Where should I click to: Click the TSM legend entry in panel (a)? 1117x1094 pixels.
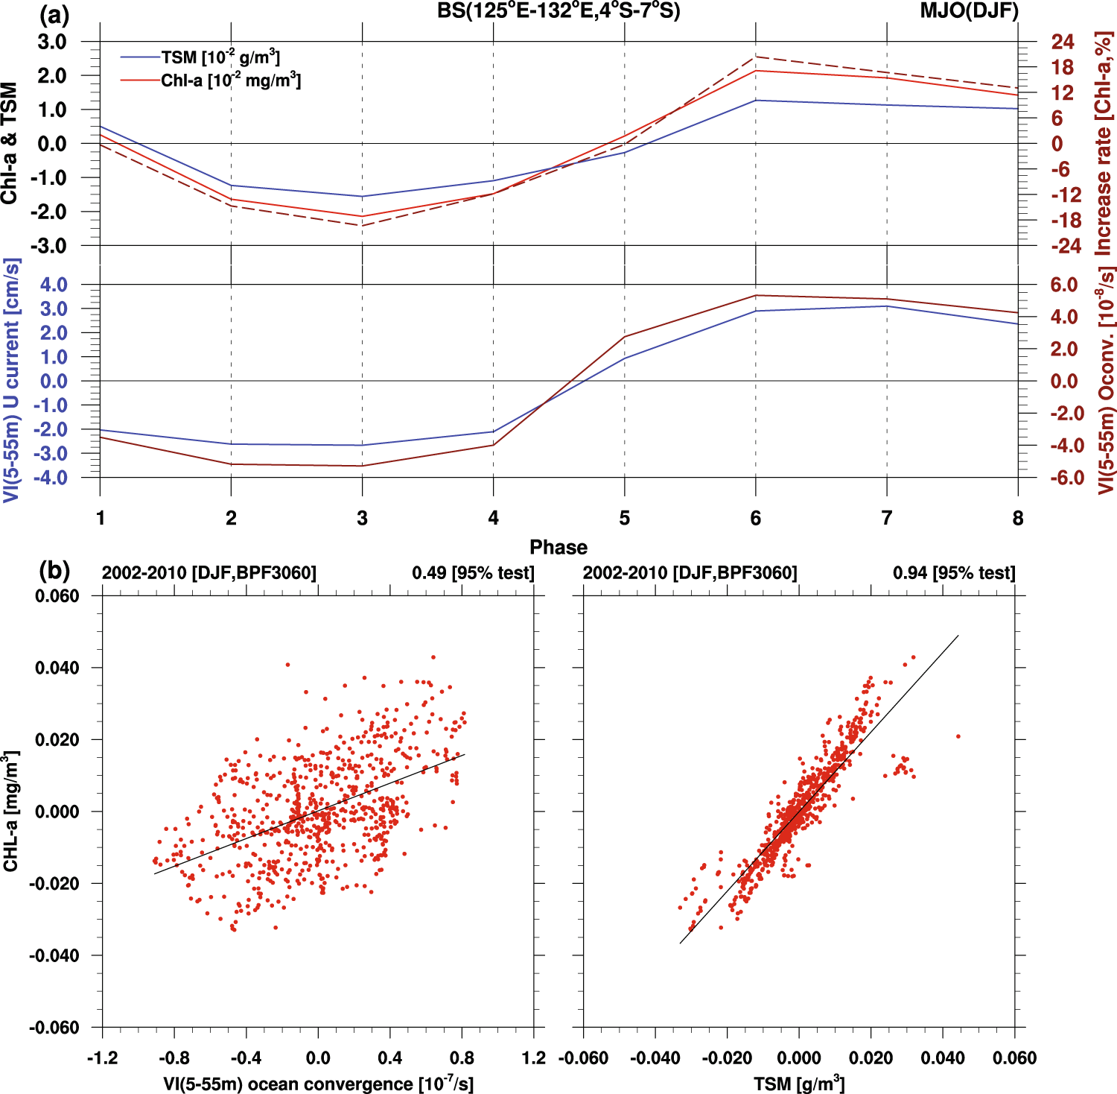[220, 57]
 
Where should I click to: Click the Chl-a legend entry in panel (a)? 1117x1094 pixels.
[230, 80]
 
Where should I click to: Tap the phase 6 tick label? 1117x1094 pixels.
[755, 518]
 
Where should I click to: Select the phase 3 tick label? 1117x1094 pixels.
[362, 518]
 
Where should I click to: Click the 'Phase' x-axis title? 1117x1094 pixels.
[558, 547]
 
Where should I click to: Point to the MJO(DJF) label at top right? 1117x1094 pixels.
[970, 11]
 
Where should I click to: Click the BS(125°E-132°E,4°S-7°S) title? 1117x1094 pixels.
[558, 11]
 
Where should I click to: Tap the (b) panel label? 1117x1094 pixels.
[54, 570]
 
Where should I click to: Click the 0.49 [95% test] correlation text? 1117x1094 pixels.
[473, 573]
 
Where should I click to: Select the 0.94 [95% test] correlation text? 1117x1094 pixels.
[954, 573]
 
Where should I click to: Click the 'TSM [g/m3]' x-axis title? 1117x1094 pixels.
[799, 1083]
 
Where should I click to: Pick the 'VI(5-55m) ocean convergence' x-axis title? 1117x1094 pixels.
[318, 1083]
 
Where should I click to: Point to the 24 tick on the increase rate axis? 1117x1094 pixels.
[1063, 42]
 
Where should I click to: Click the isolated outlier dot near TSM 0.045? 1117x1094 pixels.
[958, 736]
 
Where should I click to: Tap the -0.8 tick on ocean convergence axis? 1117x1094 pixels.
[174, 1057]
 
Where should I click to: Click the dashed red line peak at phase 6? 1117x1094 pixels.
[756, 57]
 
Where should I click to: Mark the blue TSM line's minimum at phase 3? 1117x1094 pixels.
[363, 197]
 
